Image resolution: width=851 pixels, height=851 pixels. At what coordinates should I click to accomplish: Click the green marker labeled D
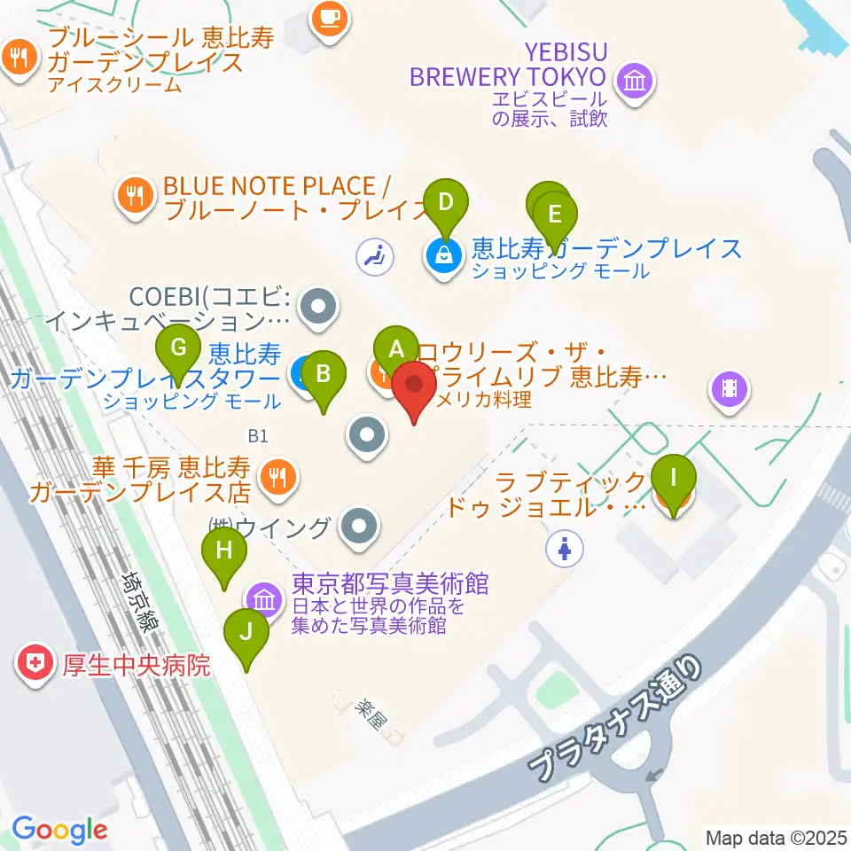pyautogui.click(x=446, y=203)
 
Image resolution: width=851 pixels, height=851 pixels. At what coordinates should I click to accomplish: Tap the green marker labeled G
pyautogui.click(x=178, y=348)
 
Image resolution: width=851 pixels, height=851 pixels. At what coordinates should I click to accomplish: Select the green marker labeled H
pyautogui.click(x=225, y=551)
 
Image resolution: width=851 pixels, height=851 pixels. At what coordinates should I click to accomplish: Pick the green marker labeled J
pyautogui.click(x=246, y=633)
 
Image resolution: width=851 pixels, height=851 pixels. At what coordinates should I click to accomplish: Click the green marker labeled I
pyautogui.click(x=674, y=479)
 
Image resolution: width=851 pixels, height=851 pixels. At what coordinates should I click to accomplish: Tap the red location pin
pyautogui.click(x=414, y=386)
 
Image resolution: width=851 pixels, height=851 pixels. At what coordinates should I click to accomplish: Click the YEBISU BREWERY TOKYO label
pyautogui.click(x=509, y=63)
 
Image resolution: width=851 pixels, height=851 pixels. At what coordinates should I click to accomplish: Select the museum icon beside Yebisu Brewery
pyautogui.click(x=637, y=82)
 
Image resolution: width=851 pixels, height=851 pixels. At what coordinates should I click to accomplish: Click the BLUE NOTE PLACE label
pyautogui.click(x=270, y=186)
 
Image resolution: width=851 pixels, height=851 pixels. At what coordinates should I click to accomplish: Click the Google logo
pyautogui.click(x=59, y=830)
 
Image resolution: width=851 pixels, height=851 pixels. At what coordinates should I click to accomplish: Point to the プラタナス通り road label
pyautogui.click(x=618, y=719)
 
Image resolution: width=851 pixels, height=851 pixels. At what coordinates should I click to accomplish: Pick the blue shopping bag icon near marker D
pyautogui.click(x=443, y=256)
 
